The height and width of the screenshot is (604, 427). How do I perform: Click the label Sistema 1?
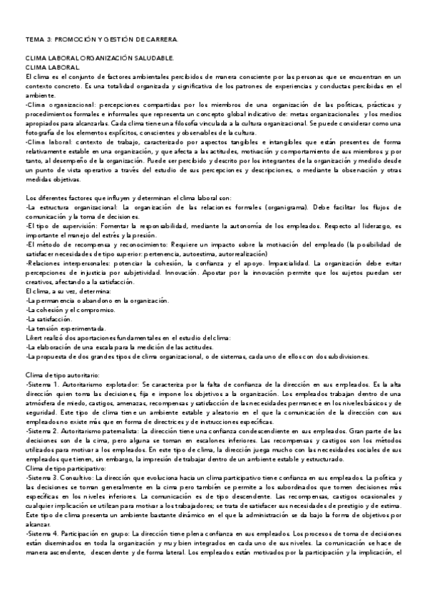point(41,382)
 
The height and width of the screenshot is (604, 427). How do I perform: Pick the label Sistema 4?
point(41,553)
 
